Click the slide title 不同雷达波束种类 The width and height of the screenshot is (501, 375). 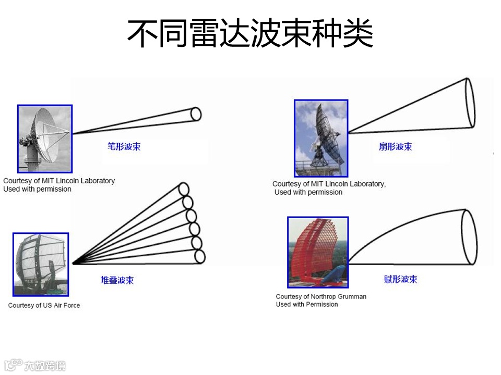coord(250,34)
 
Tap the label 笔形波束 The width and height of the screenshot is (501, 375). coord(124,146)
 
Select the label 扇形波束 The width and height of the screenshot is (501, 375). coord(395,146)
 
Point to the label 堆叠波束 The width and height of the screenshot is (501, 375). coord(117,280)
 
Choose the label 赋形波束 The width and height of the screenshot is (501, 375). coord(400,279)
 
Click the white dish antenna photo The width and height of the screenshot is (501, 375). coord(45,139)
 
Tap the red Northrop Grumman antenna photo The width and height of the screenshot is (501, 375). coord(318,252)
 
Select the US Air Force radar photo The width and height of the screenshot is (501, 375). coord(40,264)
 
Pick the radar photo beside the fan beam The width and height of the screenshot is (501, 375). coord(320,138)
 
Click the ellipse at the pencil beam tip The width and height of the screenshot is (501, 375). coord(196,114)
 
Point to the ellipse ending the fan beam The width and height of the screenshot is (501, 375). coord(470,103)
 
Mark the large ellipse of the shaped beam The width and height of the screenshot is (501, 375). coord(469,236)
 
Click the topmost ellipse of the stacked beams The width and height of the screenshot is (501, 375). coord(184,189)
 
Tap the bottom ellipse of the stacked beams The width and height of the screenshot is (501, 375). coord(199,256)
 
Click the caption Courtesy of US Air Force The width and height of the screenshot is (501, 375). coord(44,305)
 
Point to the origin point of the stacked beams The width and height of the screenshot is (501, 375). coord(74,263)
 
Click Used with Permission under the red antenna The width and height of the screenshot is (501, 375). coord(307,304)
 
